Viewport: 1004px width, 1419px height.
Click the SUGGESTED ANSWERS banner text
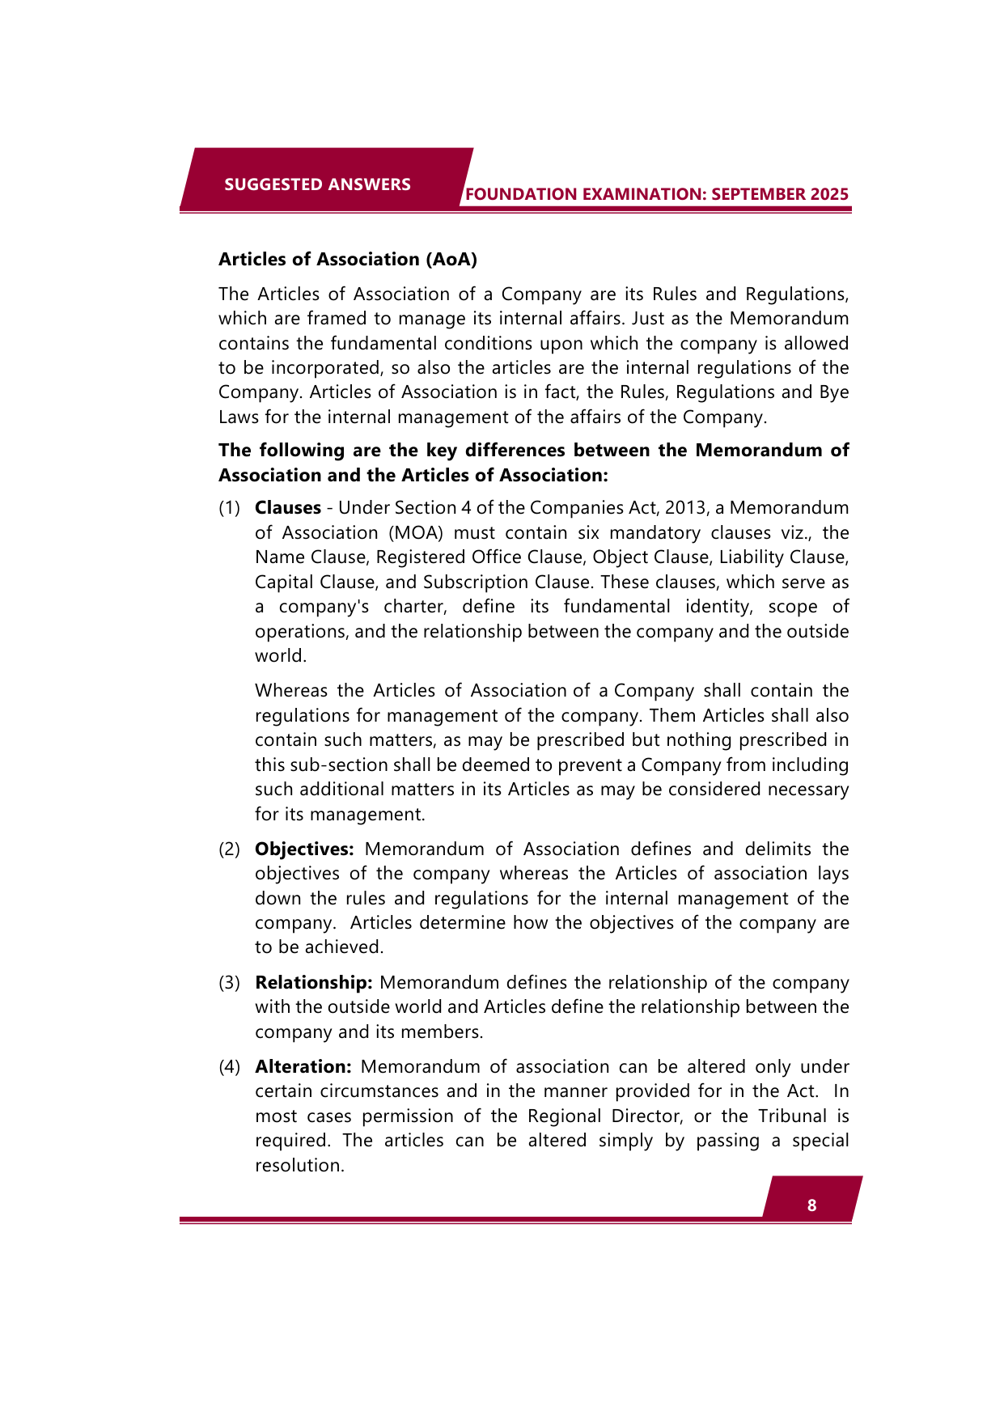tap(317, 184)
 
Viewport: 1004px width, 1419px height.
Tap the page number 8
tap(811, 1205)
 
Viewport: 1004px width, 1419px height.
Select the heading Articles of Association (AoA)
tap(348, 259)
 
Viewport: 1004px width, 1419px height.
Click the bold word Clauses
tap(288, 508)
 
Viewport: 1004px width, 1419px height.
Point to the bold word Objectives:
tap(304, 849)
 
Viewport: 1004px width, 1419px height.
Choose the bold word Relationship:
tap(313, 982)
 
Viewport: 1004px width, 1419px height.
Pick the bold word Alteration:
tap(303, 1066)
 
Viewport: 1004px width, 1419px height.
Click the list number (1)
tap(230, 508)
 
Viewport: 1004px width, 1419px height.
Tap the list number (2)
tap(230, 849)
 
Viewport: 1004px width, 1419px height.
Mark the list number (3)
tap(230, 982)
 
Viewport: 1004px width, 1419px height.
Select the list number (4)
tap(230, 1066)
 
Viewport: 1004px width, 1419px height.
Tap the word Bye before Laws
tap(834, 392)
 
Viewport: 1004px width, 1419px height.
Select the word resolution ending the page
tap(299, 1166)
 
